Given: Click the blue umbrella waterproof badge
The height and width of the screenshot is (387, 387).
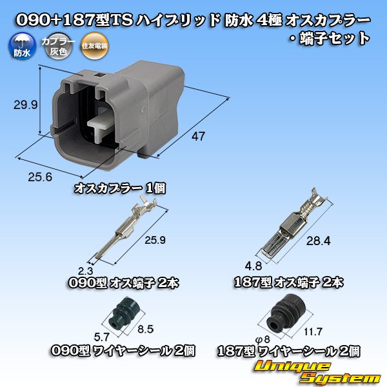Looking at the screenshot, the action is click(22, 46).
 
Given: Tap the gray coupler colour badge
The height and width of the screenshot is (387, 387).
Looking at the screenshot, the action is click(58, 46).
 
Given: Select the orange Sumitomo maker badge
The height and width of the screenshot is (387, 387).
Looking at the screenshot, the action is click(95, 46).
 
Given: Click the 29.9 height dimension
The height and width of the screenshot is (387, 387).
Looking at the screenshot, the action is click(25, 105).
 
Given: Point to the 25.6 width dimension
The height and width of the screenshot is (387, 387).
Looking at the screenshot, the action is click(40, 177).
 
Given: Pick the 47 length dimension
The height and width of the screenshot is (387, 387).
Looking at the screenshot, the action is click(198, 136).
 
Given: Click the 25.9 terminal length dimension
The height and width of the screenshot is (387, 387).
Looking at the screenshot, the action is click(155, 240).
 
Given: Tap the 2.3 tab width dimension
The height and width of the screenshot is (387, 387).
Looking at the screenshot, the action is click(85, 271).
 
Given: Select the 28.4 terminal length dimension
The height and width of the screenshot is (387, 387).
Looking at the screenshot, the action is click(318, 241).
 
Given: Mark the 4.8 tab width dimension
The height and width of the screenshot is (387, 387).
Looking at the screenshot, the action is click(253, 266).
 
